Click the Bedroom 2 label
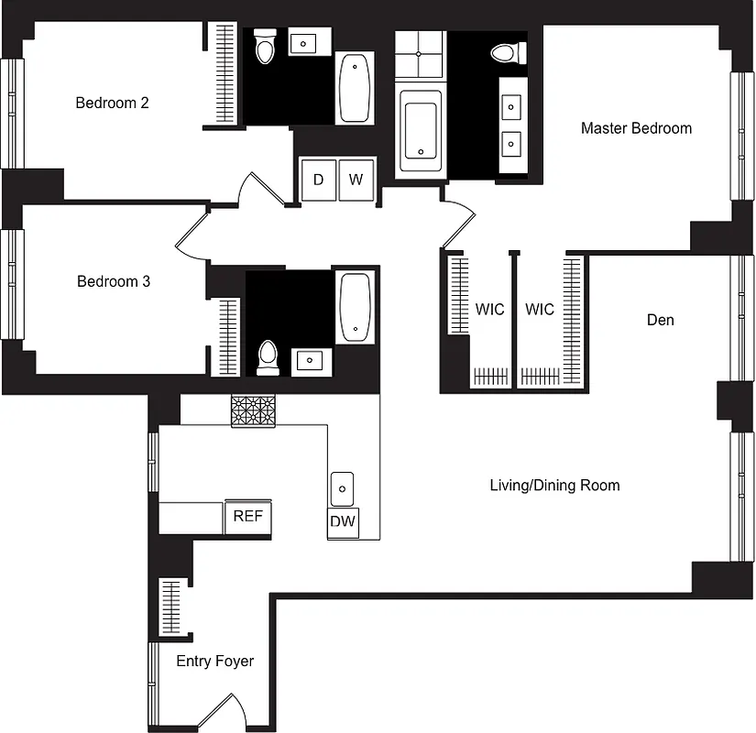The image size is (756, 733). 112,103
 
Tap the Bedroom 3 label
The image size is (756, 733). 114,281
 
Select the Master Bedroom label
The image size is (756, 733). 636,128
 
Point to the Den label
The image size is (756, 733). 660,320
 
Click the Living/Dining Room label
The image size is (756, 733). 554,486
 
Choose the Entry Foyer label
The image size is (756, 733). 214,661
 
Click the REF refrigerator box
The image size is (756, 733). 247,517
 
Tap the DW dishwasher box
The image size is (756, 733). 343,522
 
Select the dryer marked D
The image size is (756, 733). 318,180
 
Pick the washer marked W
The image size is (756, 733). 356,180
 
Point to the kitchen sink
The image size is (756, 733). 342,487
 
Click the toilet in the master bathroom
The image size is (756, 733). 504,52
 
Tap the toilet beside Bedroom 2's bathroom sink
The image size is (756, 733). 265,48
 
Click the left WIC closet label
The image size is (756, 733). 489,310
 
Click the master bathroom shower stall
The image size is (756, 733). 420,55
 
